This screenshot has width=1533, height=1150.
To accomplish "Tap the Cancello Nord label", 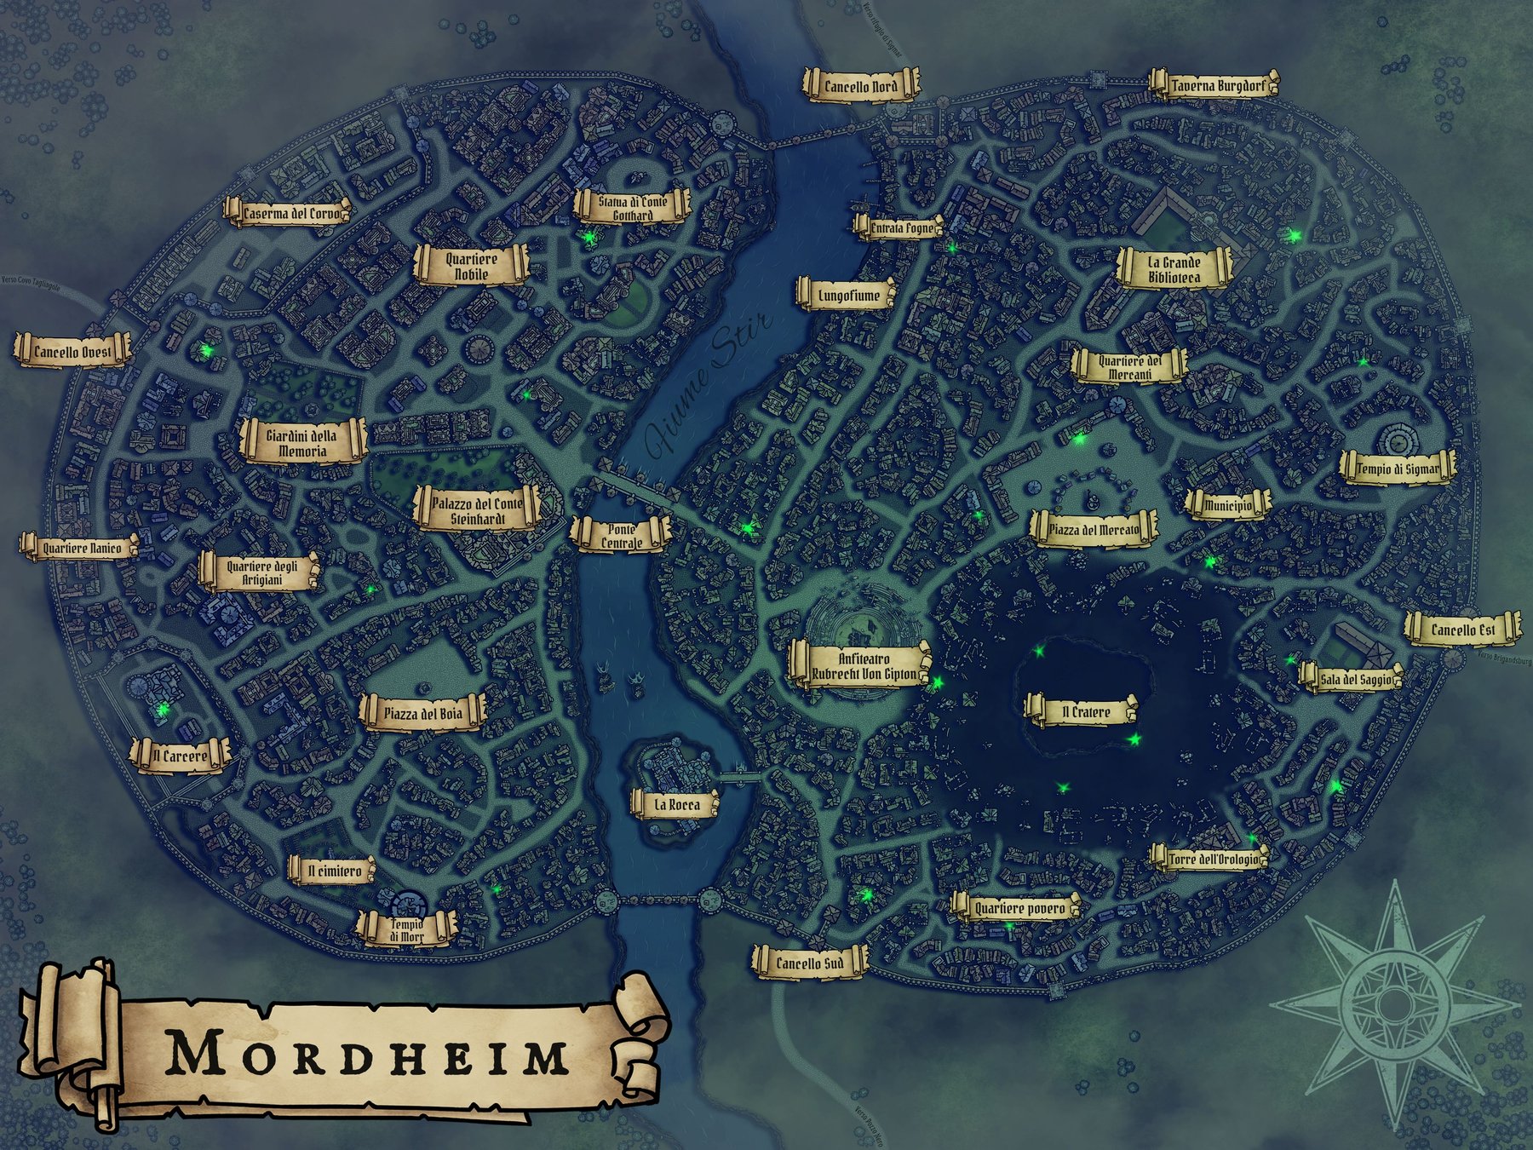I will (860, 86).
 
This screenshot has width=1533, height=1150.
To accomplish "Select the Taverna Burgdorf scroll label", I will (1214, 86).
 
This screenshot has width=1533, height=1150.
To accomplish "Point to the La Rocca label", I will (676, 804).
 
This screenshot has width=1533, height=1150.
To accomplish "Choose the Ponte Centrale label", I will (621, 536).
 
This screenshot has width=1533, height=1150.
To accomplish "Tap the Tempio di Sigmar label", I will (1397, 469).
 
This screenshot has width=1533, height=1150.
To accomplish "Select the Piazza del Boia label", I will (422, 713).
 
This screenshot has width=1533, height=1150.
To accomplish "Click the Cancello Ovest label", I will (73, 351).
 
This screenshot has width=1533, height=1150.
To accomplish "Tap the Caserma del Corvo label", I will (290, 213).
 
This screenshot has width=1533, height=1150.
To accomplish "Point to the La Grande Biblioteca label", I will (1174, 270).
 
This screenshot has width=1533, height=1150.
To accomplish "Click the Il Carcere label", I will (180, 756).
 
